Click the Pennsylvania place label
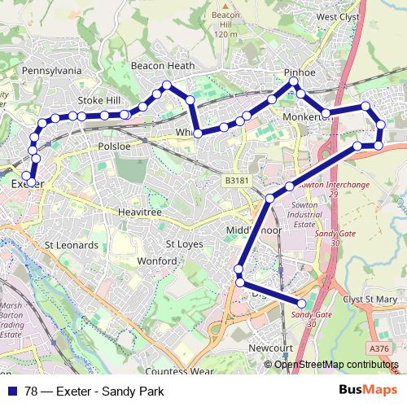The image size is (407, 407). pos(53,71)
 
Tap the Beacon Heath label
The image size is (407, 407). pos(164,66)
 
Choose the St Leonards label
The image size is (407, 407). pos(72,244)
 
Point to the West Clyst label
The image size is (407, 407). pos(339,16)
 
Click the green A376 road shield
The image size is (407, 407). pos(379,348)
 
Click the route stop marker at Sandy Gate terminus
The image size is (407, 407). pos(303,304)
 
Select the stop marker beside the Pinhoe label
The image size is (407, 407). pos(293,83)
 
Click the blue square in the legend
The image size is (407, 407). pos(13,392)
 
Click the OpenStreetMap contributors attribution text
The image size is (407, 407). pos(335,364)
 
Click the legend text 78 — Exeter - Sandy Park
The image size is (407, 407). pos(94,392)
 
